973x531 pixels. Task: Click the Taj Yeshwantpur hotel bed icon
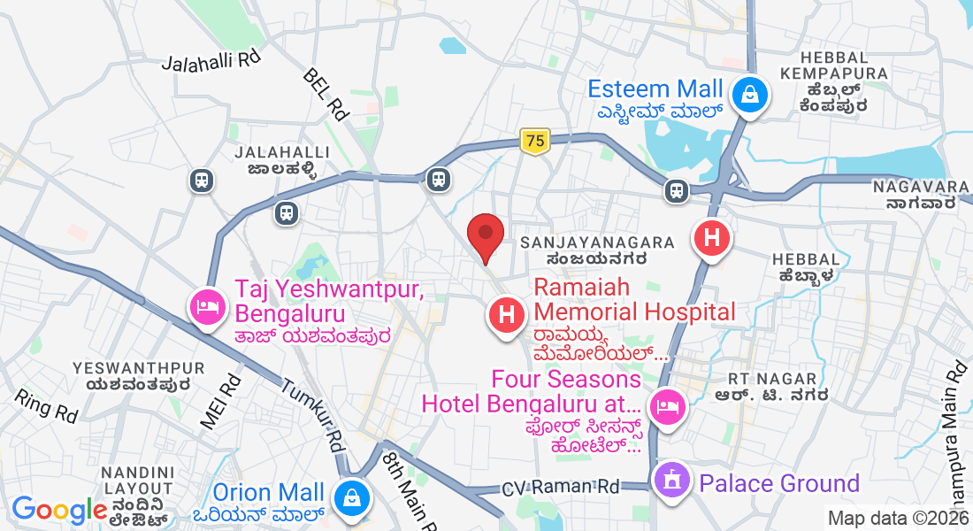click(206, 307)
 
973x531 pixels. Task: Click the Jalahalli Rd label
click(212, 61)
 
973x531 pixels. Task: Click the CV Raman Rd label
click(561, 488)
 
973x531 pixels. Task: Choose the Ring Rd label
click(45, 405)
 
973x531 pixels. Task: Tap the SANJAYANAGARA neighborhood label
click(598, 242)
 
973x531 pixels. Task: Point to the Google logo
click(59, 511)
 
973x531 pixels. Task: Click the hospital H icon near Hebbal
click(712, 237)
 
